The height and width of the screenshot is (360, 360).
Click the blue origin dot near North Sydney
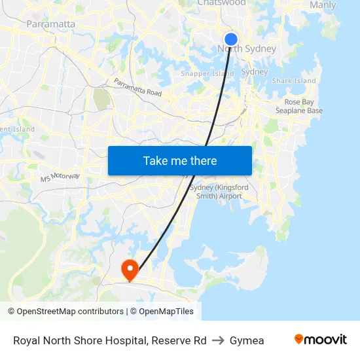coord(231,39)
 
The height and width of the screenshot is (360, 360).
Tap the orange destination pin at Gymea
coord(130,269)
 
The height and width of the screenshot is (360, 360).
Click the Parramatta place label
coord(50,24)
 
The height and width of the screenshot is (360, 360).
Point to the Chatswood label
coord(221,3)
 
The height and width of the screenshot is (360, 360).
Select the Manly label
coord(323,5)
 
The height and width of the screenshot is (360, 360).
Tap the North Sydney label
coord(247,49)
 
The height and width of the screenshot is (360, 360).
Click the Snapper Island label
coord(207,74)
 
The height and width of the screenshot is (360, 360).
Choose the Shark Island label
coord(294,81)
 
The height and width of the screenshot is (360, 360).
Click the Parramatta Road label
coord(137,88)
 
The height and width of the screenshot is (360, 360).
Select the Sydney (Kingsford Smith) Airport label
coord(219,192)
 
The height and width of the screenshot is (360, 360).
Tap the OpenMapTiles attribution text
coord(166,312)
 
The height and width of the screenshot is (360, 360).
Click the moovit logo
coord(320,340)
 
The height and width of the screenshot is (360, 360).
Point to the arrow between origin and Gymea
coord(218,340)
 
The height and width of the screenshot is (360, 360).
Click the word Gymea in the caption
coord(247,340)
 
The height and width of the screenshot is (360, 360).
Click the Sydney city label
coord(255,72)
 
